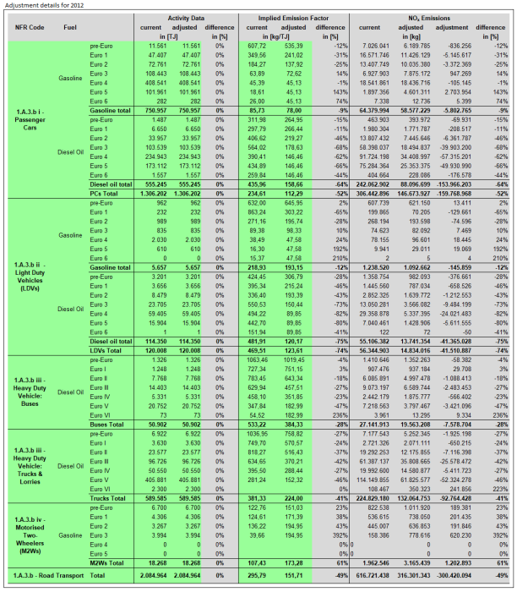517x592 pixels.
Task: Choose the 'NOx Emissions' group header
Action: pos(420,15)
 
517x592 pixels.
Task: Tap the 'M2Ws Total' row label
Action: pos(91,562)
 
